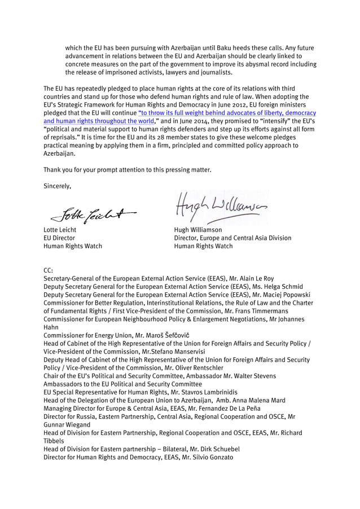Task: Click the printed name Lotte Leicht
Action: pyautogui.click(x=60, y=230)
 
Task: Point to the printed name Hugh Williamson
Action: pyautogui.click(x=198, y=230)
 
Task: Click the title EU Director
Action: pyautogui.click(x=57, y=238)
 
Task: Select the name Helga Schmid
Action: pyautogui.click(x=286, y=287)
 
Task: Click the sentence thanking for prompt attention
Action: pyautogui.click(x=127, y=169)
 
